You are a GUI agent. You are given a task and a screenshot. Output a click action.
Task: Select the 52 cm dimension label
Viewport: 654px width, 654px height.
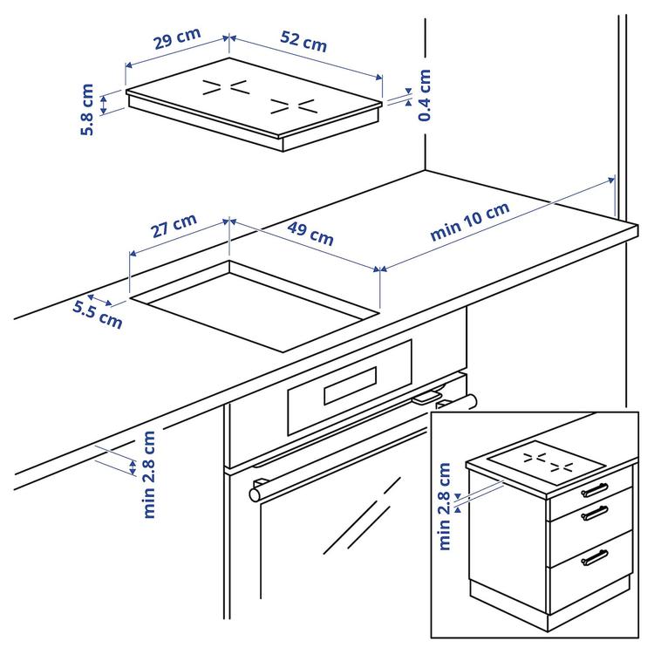pyautogui.click(x=303, y=41)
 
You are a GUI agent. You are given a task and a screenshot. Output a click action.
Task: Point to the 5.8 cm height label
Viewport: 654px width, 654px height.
pyautogui.click(x=87, y=109)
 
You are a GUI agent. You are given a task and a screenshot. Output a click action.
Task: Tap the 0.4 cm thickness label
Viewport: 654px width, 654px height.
pyautogui.click(x=425, y=95)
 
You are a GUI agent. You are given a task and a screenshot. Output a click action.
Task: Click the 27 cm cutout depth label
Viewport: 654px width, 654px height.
pyautogui.click(x=174, y=228)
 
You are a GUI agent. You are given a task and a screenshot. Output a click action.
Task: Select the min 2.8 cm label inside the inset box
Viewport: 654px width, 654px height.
pyautogui.click(x=446, y=507)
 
